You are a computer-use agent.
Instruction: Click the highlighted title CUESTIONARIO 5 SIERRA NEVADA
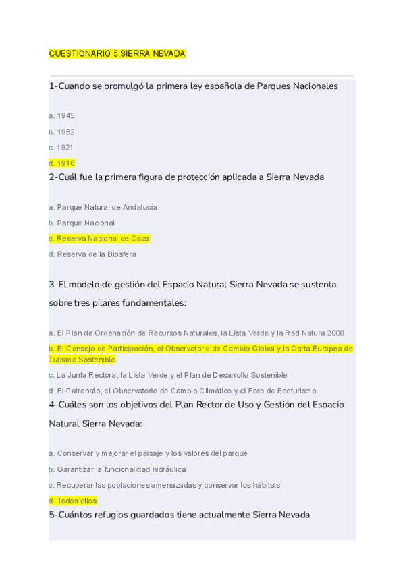tap(117, 53)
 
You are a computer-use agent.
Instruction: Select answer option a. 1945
tap(61, 116)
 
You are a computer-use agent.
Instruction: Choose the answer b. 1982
tap(61, 132)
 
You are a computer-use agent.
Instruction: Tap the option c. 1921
tap(61, 148)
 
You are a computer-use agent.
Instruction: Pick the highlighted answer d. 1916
tap(61, 163)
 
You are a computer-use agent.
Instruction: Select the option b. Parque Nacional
tap(82, 223)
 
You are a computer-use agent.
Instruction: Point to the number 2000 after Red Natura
tap(335, 333)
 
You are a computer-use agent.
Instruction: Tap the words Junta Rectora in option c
tap(90, 375)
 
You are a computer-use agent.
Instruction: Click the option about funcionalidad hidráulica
tap(117, 469)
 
